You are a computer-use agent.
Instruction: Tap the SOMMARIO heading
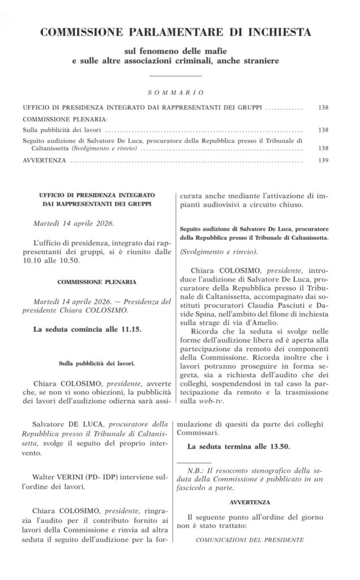tap(176, 92)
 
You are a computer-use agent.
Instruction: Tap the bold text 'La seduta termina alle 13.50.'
tap(239, 446)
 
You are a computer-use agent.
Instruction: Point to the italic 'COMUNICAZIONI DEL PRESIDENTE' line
tap(250, 540)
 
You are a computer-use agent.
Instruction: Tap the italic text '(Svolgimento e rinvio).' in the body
tap(222, 251)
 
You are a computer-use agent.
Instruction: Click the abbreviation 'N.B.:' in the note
tap(198, 471)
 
